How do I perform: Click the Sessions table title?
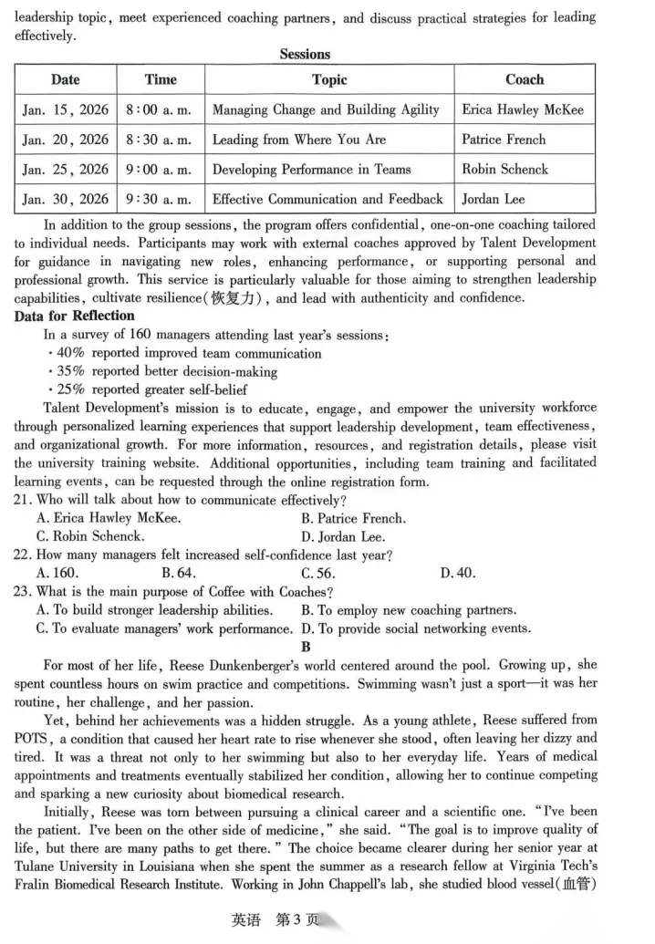pos(305,55)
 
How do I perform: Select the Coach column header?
pos(524,80)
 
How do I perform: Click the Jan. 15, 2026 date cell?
pos(65,110)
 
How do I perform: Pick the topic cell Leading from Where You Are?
pos(299,140)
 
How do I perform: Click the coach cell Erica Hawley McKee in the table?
pos(523,110)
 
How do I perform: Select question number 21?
pos(23,500)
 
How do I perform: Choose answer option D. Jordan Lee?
pos(343,536)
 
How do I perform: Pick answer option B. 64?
pos(179,573)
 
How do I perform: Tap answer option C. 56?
pos(318,573)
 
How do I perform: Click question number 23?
pos(23,591)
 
